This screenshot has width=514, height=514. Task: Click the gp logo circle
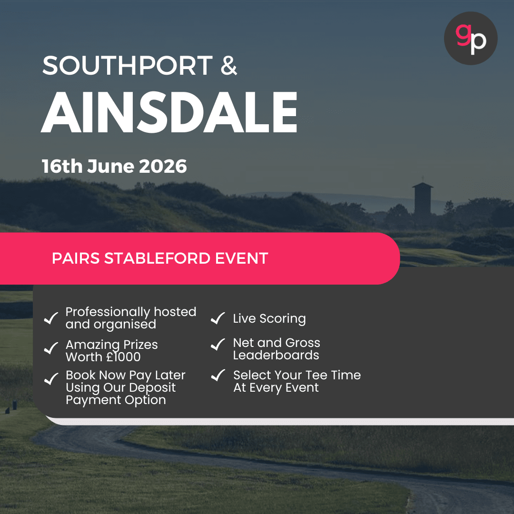tap(470, 39)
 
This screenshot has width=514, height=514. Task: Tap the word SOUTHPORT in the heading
tap(127, 66)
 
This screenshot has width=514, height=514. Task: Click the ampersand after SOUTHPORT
tap(228, 66)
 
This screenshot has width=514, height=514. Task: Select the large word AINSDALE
tap(169, 113)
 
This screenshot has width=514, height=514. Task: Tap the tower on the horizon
tap(423, 200)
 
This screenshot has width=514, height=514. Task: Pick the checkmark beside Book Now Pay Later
tap(51, 379)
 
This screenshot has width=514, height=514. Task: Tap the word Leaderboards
tap(276, 356)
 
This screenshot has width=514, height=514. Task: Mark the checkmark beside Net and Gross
tap(218, 344)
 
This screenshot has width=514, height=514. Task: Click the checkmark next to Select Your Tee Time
tap(218, 376)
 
